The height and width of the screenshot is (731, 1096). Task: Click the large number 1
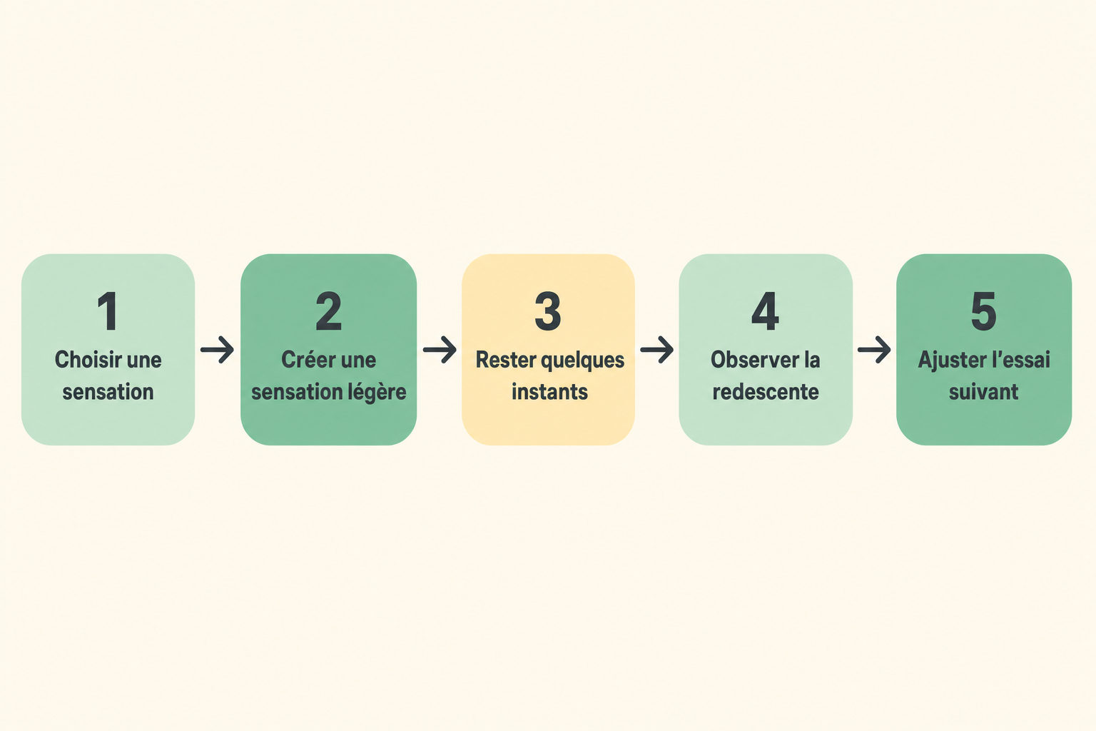[108, 311]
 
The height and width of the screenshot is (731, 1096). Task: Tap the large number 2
[328, 311]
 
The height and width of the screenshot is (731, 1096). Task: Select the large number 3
[547, 311]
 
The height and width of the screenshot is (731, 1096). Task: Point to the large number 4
[765, 311]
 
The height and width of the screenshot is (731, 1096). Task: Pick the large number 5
[983, 311]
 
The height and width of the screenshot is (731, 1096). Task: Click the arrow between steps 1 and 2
[217, 350]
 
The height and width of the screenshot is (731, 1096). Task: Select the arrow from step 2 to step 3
[440, 350]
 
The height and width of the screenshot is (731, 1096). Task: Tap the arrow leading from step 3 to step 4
[656, 350]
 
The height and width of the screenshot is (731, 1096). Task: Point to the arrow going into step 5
[874, 350]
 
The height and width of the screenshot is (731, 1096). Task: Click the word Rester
[506, 360]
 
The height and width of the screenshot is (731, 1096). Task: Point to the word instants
[549, 392]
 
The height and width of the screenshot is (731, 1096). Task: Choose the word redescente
[765, 392]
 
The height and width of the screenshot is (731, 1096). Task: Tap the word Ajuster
[948, 361]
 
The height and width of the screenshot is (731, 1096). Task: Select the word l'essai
[1017, 360]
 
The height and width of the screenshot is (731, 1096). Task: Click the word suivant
[983, 392]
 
